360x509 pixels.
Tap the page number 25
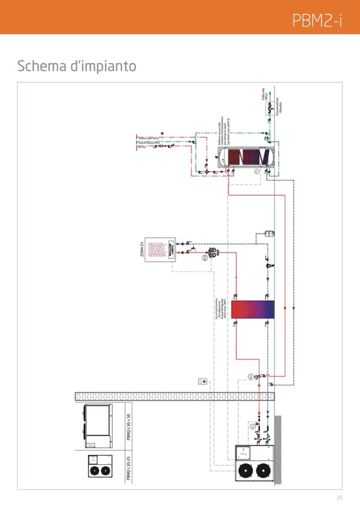339,498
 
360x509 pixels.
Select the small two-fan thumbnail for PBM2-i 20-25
100,467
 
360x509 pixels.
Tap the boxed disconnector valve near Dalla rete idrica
269,107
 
